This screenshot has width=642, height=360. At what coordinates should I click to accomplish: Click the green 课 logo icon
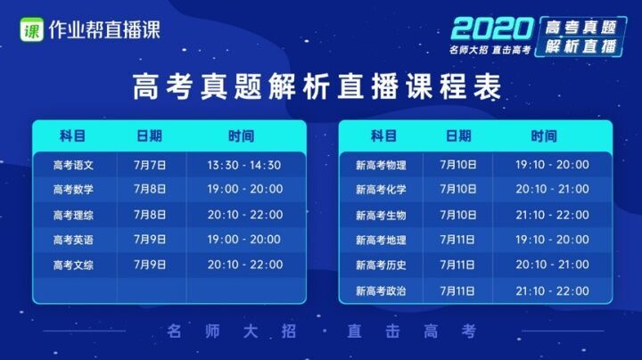[x=31, y=29]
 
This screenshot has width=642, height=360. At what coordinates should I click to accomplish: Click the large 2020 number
[x=491, y=29]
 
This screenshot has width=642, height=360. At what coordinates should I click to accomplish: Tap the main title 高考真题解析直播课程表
[x=317, y=86]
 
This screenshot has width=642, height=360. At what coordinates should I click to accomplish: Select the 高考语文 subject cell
[x=73, y=165]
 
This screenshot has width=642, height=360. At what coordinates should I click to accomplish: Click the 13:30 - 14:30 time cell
[x=244, y=165]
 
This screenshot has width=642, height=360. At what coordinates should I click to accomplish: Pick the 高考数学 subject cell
[x=73, y=190]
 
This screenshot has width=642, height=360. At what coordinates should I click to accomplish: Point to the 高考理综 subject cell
[x=73, y=215]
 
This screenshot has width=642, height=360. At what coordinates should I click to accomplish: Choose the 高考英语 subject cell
[x=73, y=240]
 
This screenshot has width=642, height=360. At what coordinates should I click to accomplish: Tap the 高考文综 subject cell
[x=73, y=265]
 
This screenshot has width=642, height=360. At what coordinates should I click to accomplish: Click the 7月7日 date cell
[x=150, y=165]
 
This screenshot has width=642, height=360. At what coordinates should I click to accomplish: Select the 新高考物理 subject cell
[x=381, y=165]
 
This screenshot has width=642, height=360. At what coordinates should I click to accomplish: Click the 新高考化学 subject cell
[x=381, y=190]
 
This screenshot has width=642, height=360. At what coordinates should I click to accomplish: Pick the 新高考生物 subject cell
[x=381, y=215]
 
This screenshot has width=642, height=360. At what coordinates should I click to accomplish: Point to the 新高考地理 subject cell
[x=381, y=240]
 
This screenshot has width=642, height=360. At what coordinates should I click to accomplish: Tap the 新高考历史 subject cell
[x=381, y=265]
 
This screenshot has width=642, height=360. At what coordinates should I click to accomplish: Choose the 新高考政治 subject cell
[x=381, y=290]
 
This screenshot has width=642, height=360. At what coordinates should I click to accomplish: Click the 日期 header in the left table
[x=150, y=135]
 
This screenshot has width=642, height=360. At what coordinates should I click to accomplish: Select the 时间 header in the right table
[x=544, y=135]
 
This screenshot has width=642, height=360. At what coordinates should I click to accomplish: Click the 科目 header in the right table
[x=383, y=135]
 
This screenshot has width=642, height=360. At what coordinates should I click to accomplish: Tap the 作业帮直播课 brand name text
[x=104, y=29]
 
